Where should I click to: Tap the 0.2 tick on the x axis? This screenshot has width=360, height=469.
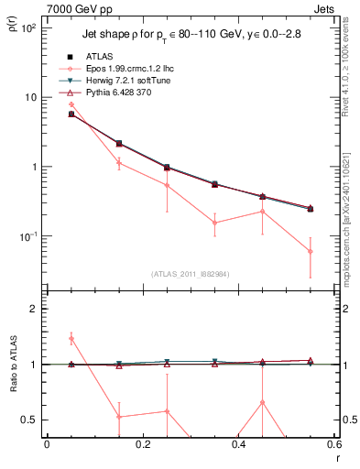pyautogui.click(x=143, y=448)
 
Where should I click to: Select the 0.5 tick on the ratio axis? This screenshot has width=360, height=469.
pyautogui.click(x=30, y=420)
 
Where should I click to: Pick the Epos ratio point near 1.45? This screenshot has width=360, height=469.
pyautogui.click(x=71, y=339)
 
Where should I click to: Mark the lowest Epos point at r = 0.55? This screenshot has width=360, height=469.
pyautogui.click(x=310, y=251)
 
